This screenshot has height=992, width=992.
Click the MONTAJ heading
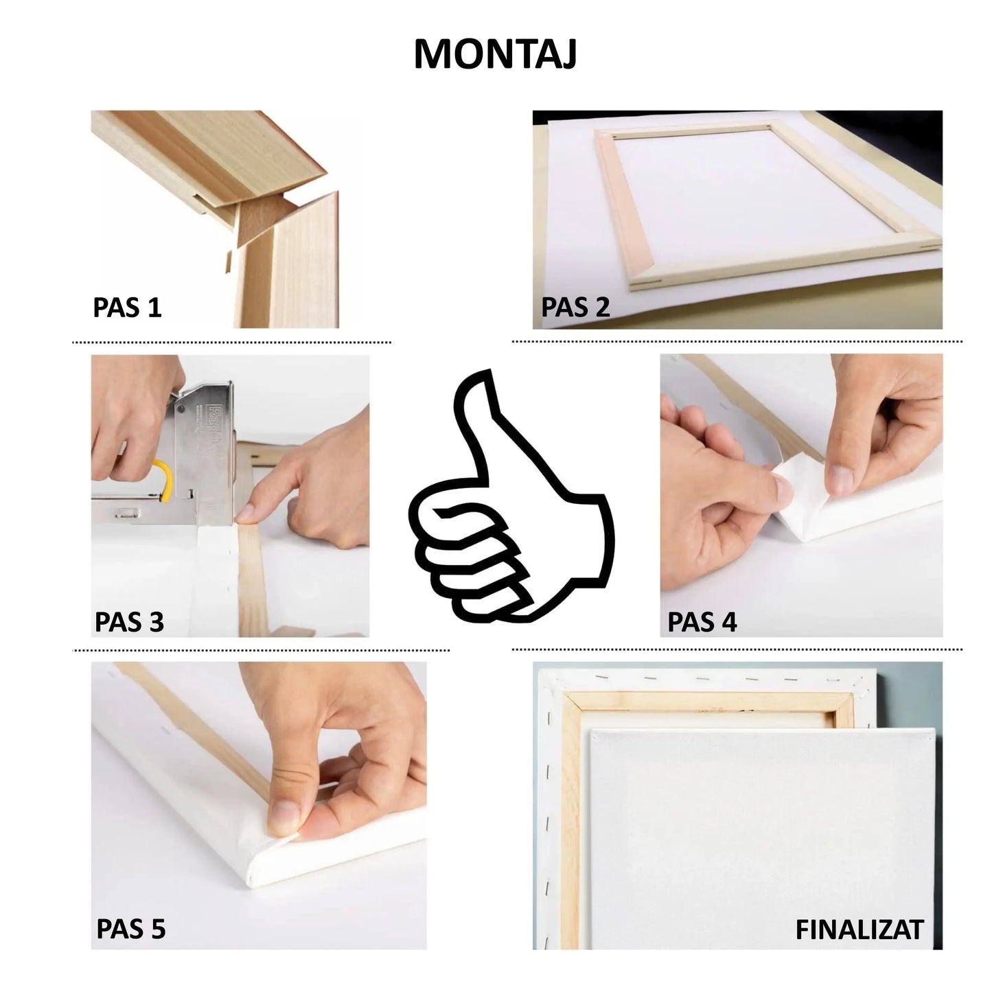click(x=495, y=55)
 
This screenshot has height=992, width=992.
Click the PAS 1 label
click(x=128, y=307)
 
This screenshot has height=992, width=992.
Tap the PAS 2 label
click(x=575, y=307)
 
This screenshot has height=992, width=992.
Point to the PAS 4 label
click(x=702, y=622)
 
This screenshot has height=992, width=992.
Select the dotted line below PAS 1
click(x=231, y=342)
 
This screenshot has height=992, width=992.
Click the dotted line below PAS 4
click(x=736, y=649)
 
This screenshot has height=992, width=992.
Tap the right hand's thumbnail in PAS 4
click(x=838, y=474)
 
